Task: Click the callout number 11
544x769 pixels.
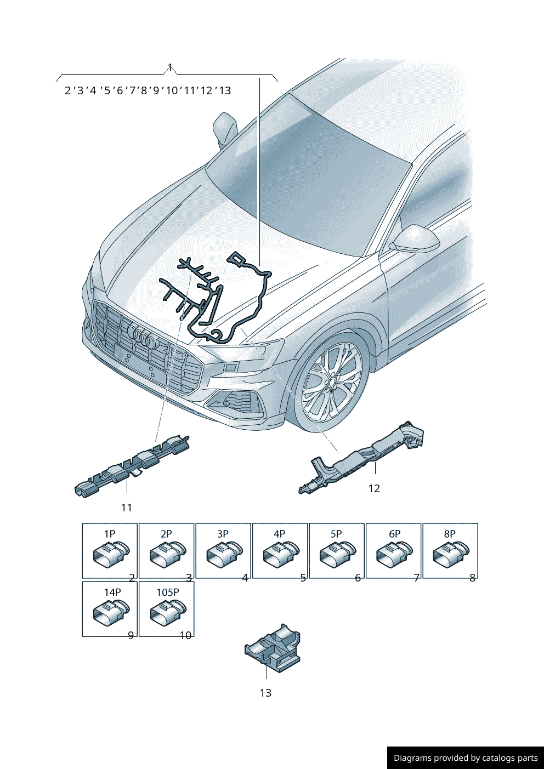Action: pyautogui.click(x=127, y=508)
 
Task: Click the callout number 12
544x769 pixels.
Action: pyautogui.click(x=374, y=488)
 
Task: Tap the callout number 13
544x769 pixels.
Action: pyautogui.click(x=265, y=693)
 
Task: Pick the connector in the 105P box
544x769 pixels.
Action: pyautogui.click(x=168, y=613)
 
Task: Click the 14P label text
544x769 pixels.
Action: pyautogui.click(x=112, y=592)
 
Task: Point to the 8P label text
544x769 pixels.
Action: pyautogui.click(x=450, y=533)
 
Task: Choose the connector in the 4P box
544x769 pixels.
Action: pyautogui.click(x=281, y=554)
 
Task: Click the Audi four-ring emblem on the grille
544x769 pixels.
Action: pyautogui.click(x=141, y=335)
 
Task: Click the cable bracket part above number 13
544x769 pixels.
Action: pyautogui.click(x=273, y=648)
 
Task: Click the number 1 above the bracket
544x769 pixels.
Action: pyautogui.click(x=170, y=67)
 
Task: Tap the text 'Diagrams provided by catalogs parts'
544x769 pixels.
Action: pyautogui.click(x=466, y=757)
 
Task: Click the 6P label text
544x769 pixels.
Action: pyautogui.click(x=395, y=533)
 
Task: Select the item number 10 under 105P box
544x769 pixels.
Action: pyautogui.click(x=186, y=635)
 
